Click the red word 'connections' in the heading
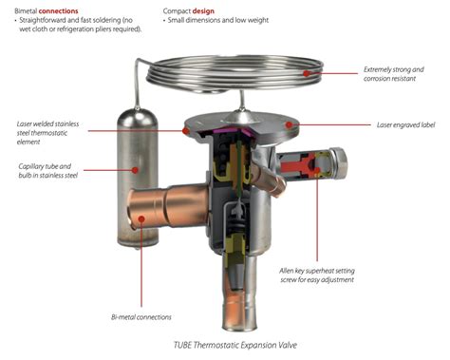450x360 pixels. coord(58,11)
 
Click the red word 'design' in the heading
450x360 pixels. coord(203,11)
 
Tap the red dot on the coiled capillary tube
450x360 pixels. coord(306,73)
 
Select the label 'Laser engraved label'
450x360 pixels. coord(405,125)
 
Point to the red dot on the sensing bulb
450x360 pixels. coord(135,170)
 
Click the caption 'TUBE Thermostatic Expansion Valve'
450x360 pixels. coord(235,345)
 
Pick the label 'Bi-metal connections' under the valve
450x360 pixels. coord(141,317)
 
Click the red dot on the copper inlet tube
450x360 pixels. coord(141,218)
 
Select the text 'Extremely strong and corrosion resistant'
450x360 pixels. coord(393,74)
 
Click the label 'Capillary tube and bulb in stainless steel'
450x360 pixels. coord(47,171)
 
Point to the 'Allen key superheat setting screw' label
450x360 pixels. coord(317,275)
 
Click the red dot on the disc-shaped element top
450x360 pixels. coord(289,124)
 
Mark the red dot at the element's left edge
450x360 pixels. coord(186,130)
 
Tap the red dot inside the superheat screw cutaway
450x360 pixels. coord(317,171)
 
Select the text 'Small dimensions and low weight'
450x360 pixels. coord(218,20)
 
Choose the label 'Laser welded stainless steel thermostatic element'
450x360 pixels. coord(47,133)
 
